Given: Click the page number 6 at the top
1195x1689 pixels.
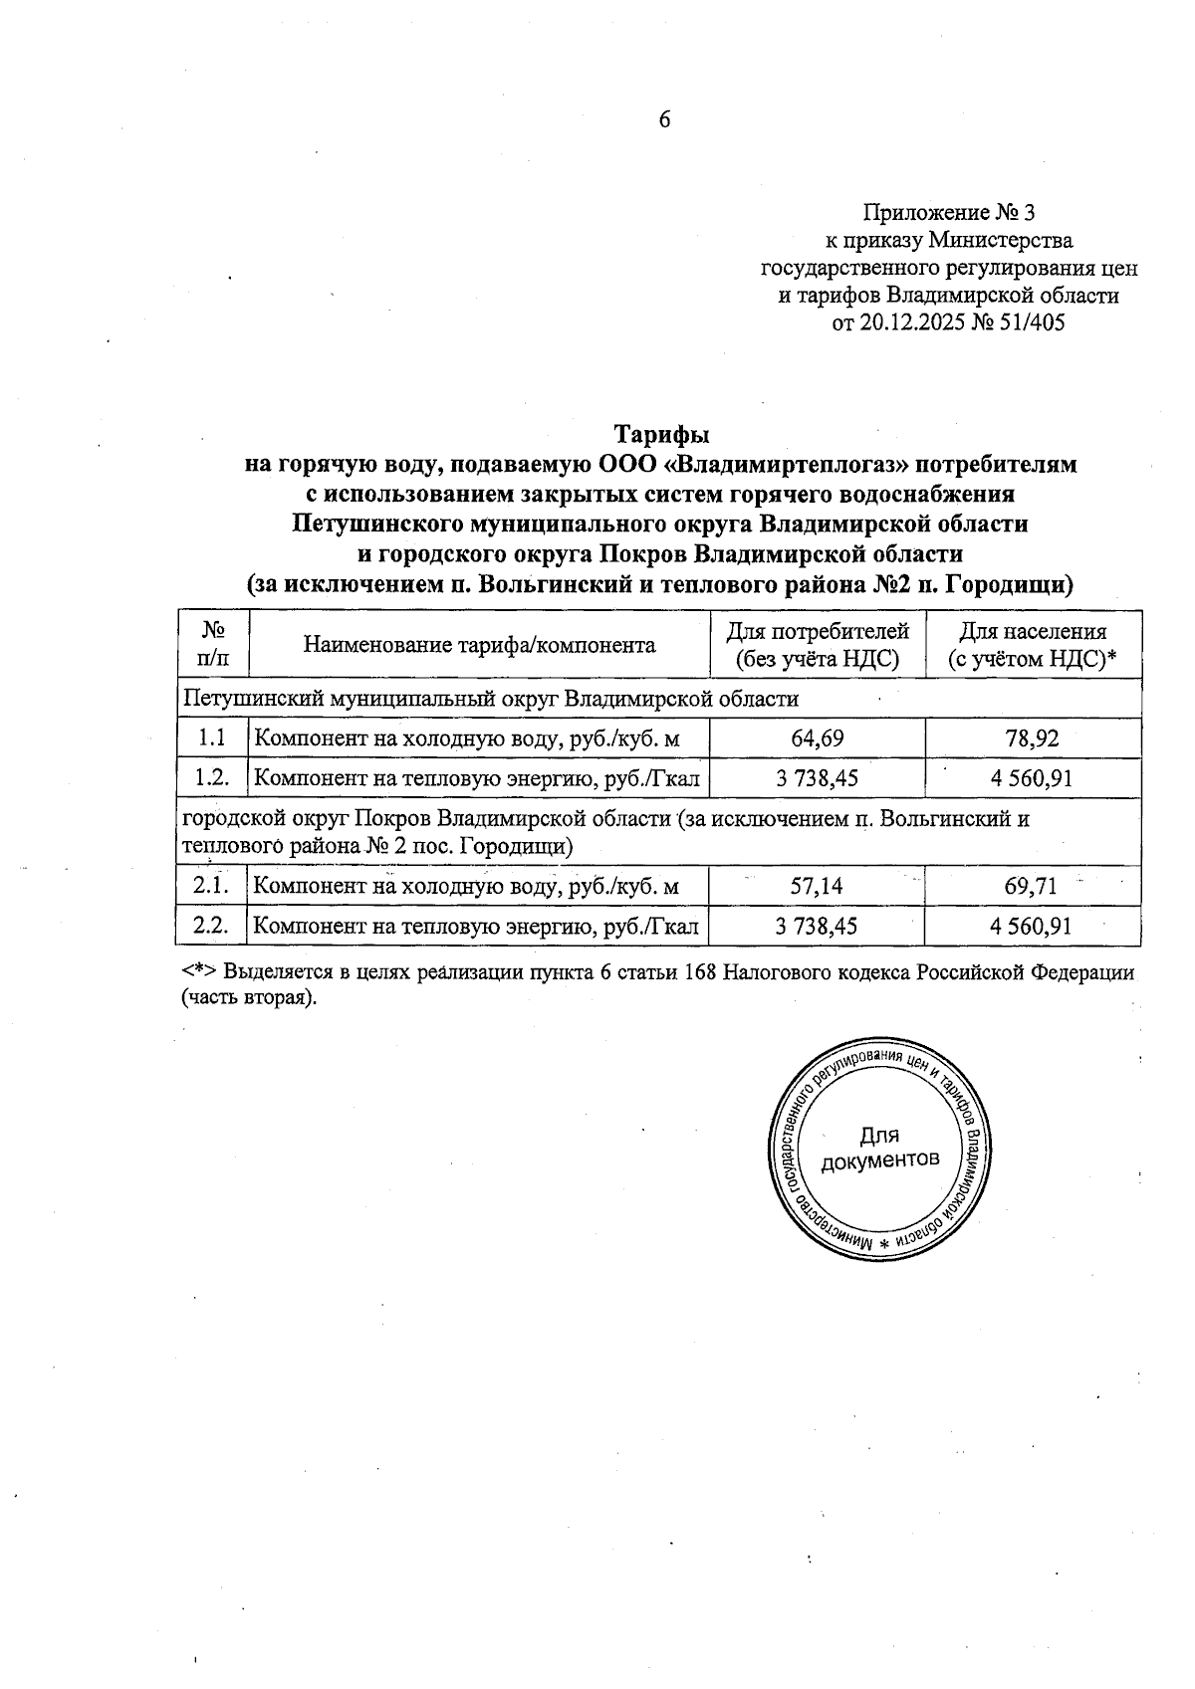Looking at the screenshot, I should pos(665,120).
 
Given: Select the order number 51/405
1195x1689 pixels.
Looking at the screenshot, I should pos(1031,323).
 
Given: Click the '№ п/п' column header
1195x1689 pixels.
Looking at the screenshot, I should pos(212,645).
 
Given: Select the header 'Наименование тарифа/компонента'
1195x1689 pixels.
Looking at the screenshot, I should pos(479,646).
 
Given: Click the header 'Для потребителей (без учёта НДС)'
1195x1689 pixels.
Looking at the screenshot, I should pos(817,645).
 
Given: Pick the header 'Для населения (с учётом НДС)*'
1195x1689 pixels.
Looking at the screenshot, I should pos(1032,645).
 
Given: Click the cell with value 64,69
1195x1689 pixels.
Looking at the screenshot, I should pos(817,739).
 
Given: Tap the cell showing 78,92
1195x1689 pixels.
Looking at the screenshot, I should pos(1032,739).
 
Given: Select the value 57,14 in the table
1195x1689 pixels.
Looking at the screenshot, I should pos(817,885).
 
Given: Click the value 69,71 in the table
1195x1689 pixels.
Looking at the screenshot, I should pos(1032,885).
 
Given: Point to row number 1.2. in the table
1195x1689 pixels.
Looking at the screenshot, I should pos(212,778).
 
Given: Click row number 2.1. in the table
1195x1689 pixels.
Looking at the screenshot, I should pos(212,885).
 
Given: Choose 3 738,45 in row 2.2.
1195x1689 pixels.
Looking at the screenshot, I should pos(817,927).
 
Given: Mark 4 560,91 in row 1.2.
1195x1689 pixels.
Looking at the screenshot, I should pos(1032,778).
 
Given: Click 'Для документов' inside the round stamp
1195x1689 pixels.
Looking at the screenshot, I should pos(879,1149).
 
